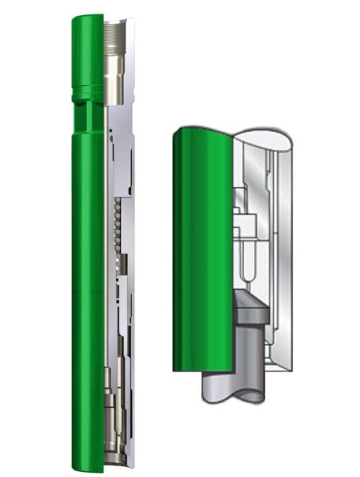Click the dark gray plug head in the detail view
point(251,308)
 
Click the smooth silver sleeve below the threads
point(115,79)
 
